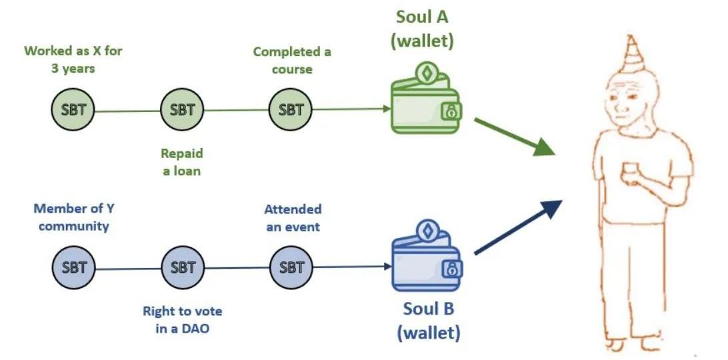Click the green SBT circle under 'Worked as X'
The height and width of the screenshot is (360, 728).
tap(73, 110)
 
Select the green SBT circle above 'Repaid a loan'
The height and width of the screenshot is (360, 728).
tap(183, 110)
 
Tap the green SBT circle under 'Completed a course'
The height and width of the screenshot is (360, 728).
tap(291, 110)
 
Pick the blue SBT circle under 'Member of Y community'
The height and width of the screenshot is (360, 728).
tap(73, 268)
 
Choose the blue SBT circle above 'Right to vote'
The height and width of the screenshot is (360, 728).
tap(183, 268)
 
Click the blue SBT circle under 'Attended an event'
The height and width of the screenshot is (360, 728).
tap(291, 268)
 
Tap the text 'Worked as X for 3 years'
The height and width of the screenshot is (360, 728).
tap(73, 59)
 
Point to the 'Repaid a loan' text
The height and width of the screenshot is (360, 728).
tap(182, 162)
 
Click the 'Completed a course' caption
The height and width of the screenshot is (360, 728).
tap(292, 60)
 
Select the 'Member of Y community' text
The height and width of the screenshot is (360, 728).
tap(73, 217)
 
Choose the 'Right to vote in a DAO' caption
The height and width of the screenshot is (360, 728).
tap(183, 319)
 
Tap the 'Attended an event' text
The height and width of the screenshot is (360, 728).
tap(292, 218)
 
